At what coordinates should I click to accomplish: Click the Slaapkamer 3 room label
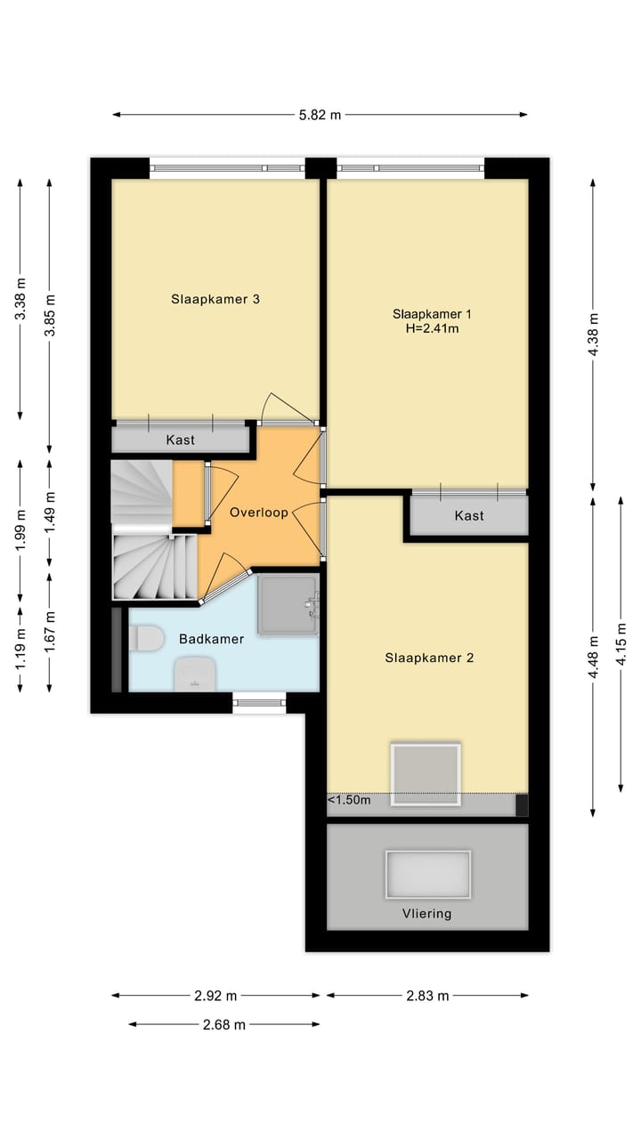pyautogui.click(x=215, y=300)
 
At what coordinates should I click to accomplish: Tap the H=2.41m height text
pyautogui.click(x=432, y=328)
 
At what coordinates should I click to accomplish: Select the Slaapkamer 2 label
pyautogui.click(x=429, y=658)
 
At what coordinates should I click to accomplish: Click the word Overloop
pyautogui.click(x=258, y=513)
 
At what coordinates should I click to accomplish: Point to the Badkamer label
pyautogui.click(x=207, y=639)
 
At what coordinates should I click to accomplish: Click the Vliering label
pyautogui.click(x=427, y=913)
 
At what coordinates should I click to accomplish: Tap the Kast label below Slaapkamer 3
pyautogui.click(x=180, y=440)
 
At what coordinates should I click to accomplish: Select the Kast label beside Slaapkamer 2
pyautogui.click(x=469, y=516)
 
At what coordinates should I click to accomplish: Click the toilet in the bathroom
pyautogui.click(x=146, y=638)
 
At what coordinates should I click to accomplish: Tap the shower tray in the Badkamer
pyautogui.click(x=288, y=604)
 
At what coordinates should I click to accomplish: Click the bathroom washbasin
pyautogui.click(x=194, y=674)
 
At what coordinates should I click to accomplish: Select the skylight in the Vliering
pyautogui.click(x=427, y=875)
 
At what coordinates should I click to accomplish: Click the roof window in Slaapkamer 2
pyautogui.click(x=426, y=774)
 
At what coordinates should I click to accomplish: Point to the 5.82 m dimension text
pyautogui.click(x=319, y=115)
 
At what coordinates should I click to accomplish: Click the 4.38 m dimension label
pyautogui.click(x=594, y=335)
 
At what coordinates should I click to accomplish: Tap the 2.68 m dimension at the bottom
pyautogui.click(x=223, y=1024)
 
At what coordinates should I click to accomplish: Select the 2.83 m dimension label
pyautogui.click(x=427, y=996)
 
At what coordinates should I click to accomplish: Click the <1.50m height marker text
pyautogui.click(x=349, y=800)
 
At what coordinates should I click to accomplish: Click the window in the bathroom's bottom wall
pyautogui.click(x=260, y=703)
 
